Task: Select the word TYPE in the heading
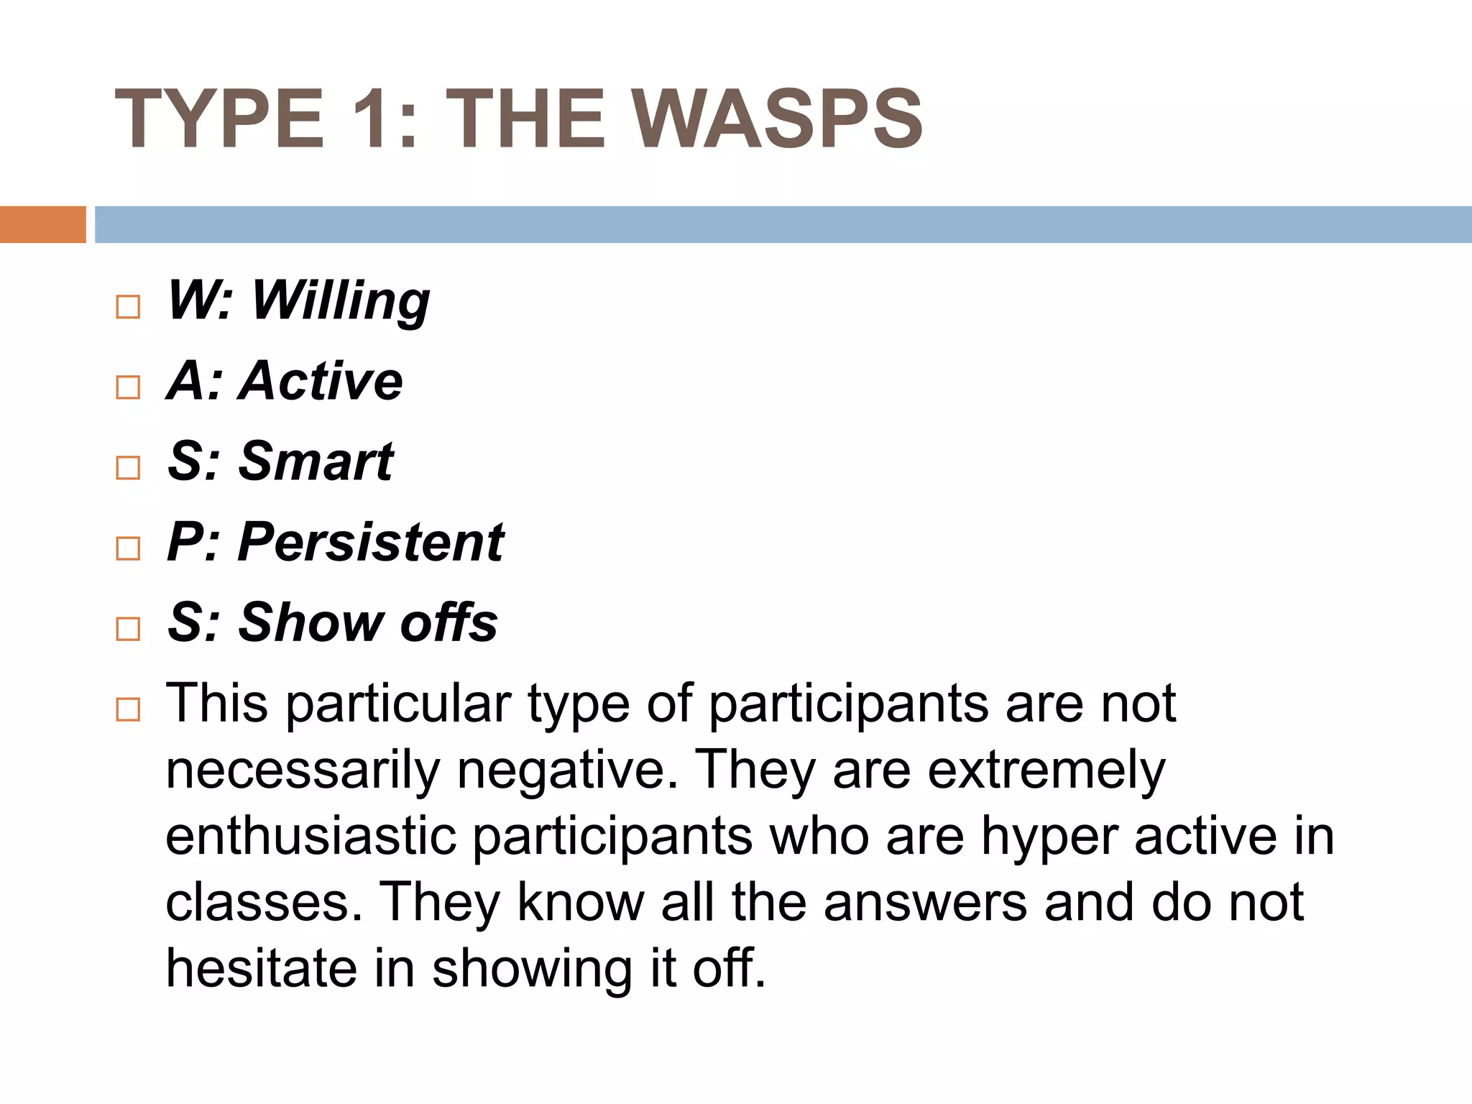point(219,119)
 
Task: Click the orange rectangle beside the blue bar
point(42,224)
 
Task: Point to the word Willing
point(341,300)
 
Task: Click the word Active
point(321,380)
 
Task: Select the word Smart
point(316,461)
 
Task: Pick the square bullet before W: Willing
point(128,307)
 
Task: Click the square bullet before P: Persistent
point(128,548)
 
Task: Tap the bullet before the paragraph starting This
point(128,710)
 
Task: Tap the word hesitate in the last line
point(261,968)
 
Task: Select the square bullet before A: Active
point(128,387)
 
